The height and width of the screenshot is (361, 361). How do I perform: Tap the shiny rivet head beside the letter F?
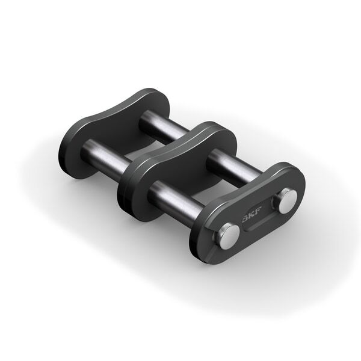click(286, 202)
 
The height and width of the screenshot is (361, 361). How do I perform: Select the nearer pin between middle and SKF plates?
click(171, 197)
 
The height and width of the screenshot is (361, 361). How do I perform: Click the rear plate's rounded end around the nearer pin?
click(75, 162)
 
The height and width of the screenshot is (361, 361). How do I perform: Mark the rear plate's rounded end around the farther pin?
click(150, 99)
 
